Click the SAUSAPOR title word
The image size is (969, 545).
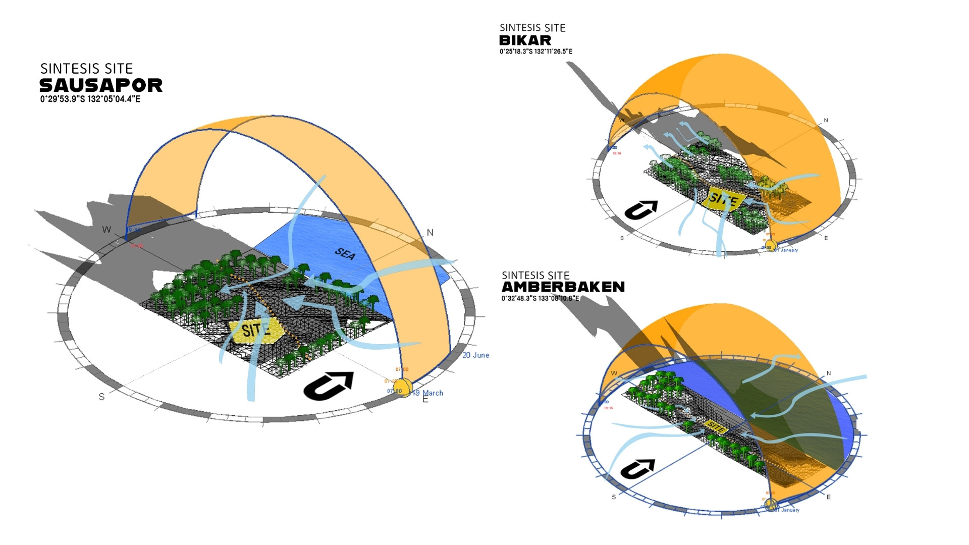[101, 85]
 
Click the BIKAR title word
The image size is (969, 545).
[525, 40]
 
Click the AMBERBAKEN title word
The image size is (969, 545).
[563, 287]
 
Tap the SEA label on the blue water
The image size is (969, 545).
[345, 253]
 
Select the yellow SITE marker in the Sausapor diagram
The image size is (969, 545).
[257, 331]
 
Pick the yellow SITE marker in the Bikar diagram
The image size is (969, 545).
[723, 199]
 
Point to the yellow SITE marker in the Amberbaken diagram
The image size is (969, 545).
[715, 427]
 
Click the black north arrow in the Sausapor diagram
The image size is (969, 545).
[329, 386]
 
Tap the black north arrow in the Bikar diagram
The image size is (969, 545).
[641, 209]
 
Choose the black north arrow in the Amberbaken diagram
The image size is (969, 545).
[637, 469]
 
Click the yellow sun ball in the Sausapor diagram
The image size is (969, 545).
[403, 389]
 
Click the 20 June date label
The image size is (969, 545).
[475, 355]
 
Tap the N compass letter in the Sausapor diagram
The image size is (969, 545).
[430, 233]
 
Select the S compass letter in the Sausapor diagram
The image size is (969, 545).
[101, 397]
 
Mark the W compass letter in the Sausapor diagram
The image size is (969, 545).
[106, 230]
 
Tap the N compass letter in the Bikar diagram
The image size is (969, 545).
[826, 120]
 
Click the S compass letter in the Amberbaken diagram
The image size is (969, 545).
[614, 497]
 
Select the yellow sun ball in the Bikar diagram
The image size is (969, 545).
[771, 246]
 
